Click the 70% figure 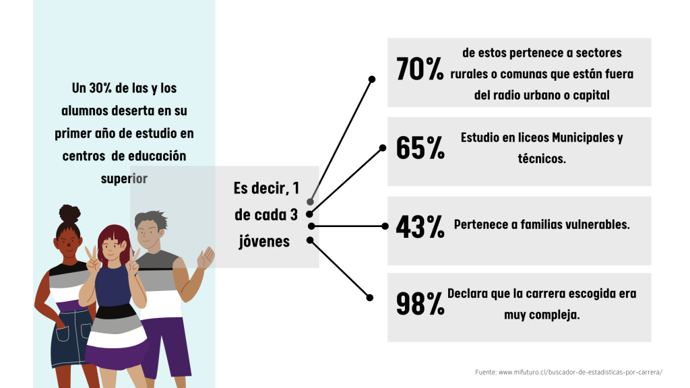pyautogui.click(x=420, y=69)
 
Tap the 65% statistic pyautogui.click(x=420, y=148)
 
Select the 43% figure pyautogui.click(x=420, y=226)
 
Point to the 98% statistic pyautogui.click(x=420, y=304)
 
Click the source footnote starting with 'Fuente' pyautogui.click(x=569, y=372)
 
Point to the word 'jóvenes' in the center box pyautogui.click(x=264, y=241)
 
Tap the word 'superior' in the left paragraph pyautogui.click(x=124, y=179)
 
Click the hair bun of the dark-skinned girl pyautogui.click(x=69, y=214)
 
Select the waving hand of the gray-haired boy pyautogui.click(x=206, y=258)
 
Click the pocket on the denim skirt pyautogui.click(x=62, y=334)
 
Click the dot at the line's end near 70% pyautogui.click(x=372, y=79)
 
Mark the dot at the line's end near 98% pyautogui.click(x=370, y=298)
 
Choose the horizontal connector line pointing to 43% pyautogui.click(x=348, y=226)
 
